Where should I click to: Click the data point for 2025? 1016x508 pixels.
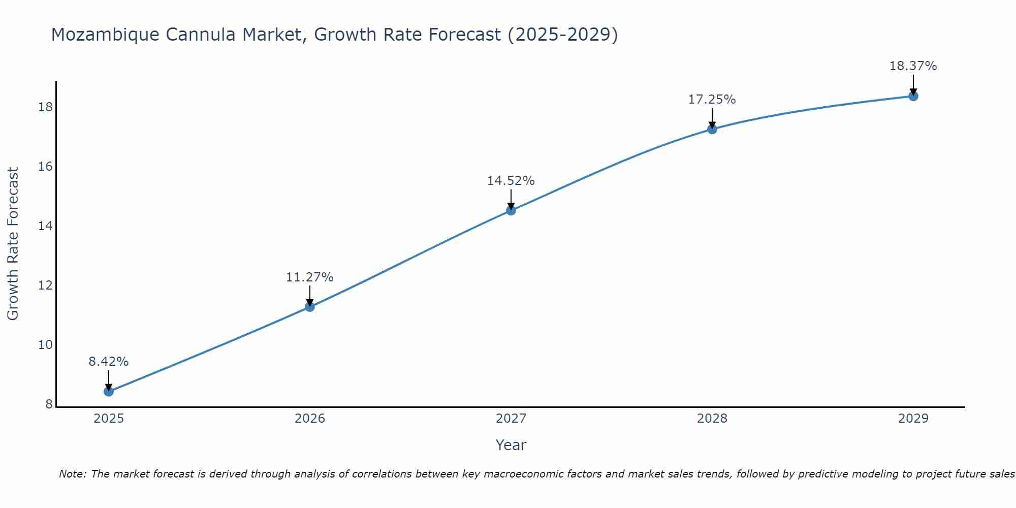coord(108,391)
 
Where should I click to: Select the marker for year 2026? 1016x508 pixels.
coord(309,306)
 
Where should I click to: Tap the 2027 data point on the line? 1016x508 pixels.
coord(511,210)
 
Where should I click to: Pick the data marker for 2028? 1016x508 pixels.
coord(712,129)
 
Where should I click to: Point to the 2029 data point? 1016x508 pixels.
coord(913,96)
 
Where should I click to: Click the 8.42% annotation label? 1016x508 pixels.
coord(108,362)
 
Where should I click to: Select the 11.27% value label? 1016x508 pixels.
coord(309,277)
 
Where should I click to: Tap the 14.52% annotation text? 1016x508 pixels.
coord(511,181)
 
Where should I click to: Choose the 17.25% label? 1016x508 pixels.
coord(712,100)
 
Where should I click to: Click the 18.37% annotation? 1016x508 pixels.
coord(913,66)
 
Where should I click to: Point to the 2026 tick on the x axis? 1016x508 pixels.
coord(310,419)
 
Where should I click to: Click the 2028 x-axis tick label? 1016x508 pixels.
coord(712,419)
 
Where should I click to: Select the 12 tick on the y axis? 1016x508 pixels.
coord(45,285)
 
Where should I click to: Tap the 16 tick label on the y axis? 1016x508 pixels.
coord(45,167)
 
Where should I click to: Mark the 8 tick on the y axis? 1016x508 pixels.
coord(49,404)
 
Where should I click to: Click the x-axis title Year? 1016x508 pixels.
coord(511,445)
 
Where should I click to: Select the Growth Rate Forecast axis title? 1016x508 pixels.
coord(13,244)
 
